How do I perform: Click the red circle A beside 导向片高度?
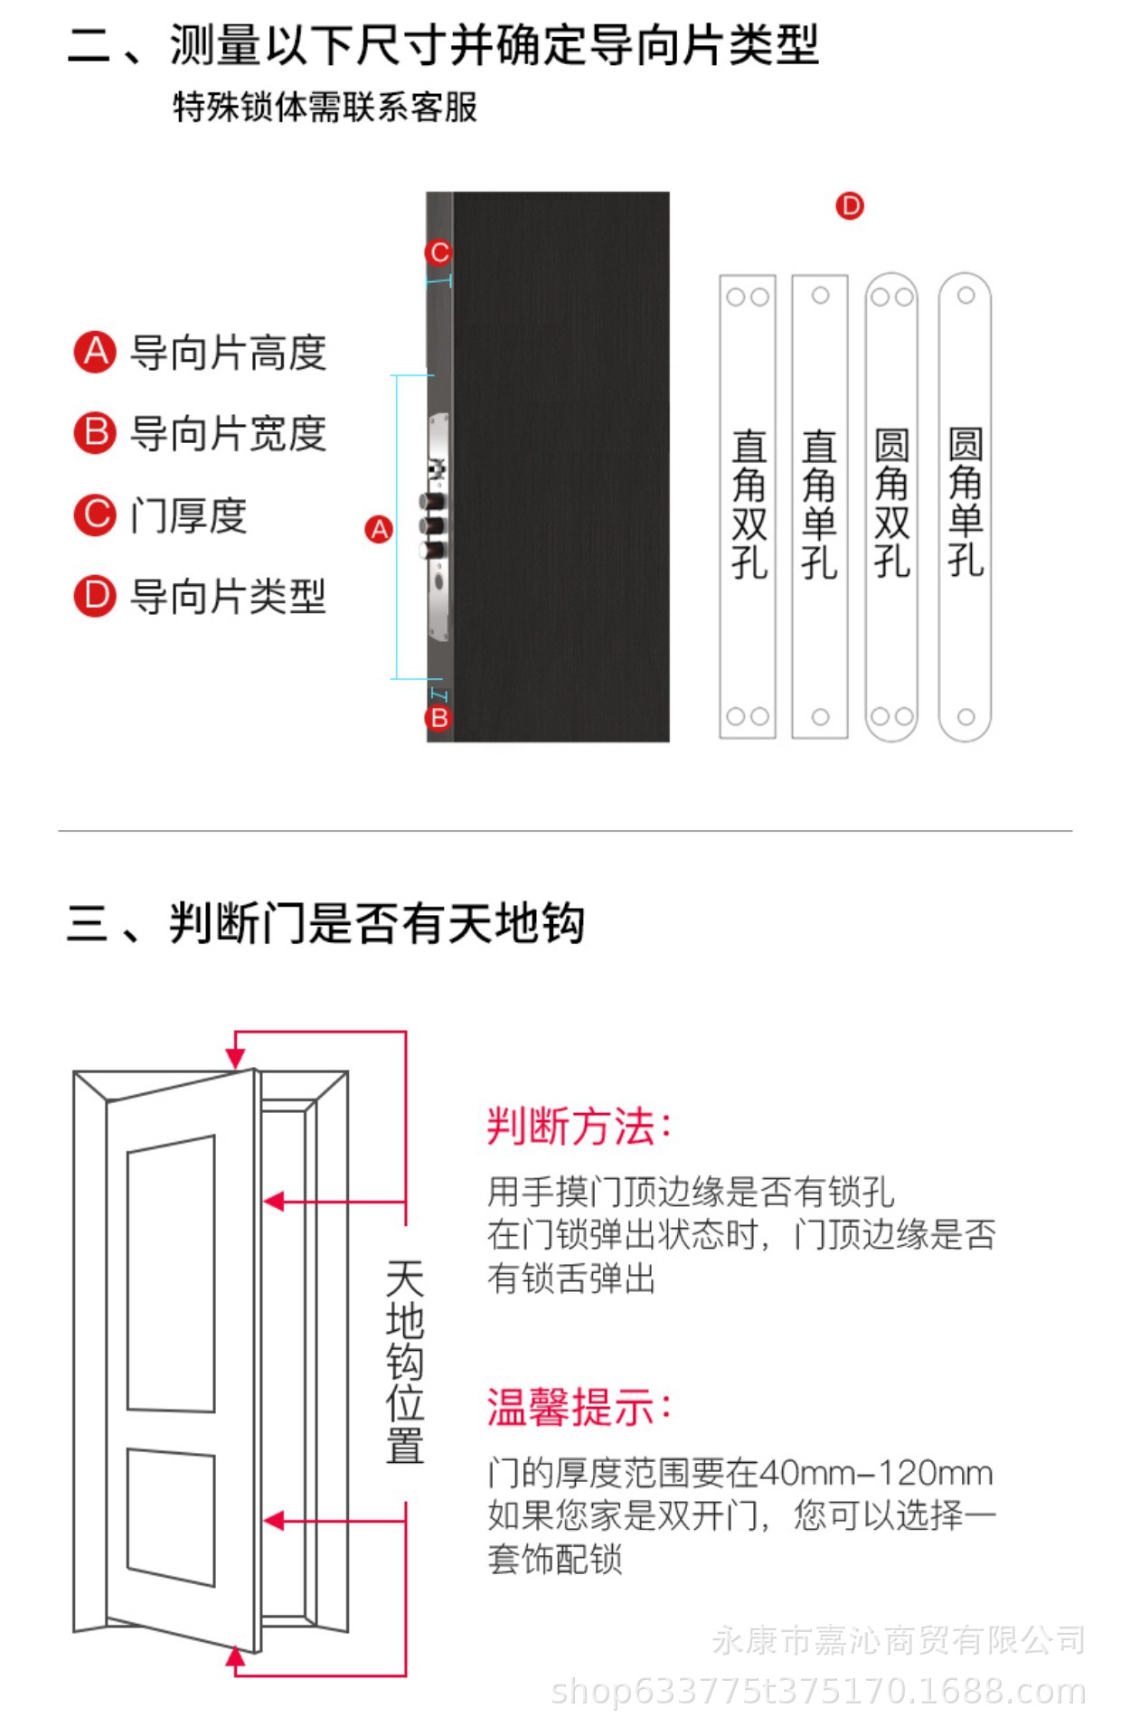coord(95,352)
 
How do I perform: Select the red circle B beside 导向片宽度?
coord(95,432)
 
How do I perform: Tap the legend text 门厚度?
coord(188,516)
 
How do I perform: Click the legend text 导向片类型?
coord(228,597)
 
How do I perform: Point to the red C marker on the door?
coord(439,252)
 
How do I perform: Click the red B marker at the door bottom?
coord(438,718)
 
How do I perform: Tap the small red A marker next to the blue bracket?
coord(379,529)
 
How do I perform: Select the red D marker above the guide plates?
coord(849,206)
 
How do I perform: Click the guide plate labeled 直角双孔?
coord(748,506)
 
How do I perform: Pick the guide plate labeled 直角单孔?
coord(819,506)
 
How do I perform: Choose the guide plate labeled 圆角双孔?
coord(891,506)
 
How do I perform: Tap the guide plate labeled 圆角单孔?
coord(965,506)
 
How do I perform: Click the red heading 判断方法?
coord(579,1127)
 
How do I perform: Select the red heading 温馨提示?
coord(579,1408)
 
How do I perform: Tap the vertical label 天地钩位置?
coord(404,1362)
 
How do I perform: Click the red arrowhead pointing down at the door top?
coord(236,1057)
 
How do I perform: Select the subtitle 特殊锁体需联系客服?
coord(325,108)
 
